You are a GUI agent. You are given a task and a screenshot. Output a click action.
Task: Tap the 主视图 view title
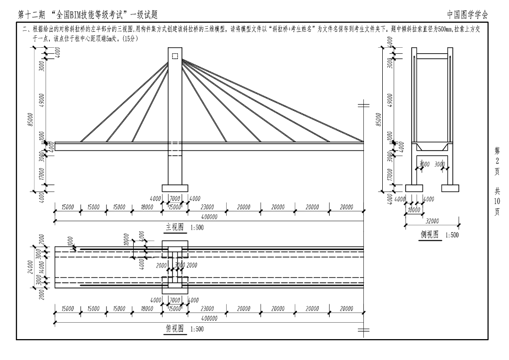(174, 227)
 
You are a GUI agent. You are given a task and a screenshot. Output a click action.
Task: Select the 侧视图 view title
(429, 235)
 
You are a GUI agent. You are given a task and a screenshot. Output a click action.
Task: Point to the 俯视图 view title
(174, 329)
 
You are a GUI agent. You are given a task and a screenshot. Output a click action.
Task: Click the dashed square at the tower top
(174, 56)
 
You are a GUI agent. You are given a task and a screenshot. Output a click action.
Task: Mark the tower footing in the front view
(174, 188)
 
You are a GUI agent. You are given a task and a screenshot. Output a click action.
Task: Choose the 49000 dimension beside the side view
(390, 99)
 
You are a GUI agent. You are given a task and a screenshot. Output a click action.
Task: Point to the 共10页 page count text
(498, 201)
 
